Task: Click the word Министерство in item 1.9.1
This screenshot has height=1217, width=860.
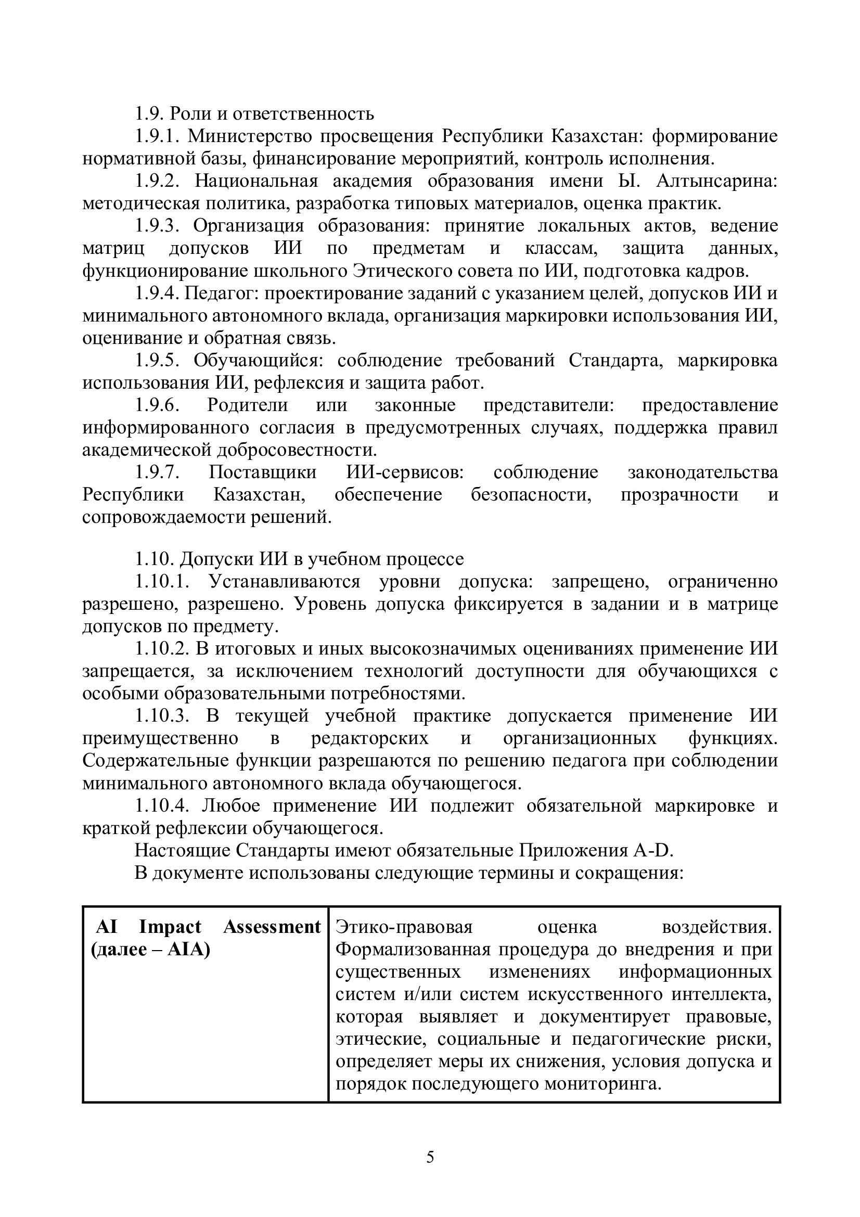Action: click(x=254, y=136)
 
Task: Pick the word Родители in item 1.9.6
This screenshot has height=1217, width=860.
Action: click(x=248, y=405)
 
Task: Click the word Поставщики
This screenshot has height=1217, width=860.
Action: click(x=262, y=472)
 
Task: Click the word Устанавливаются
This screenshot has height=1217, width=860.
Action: click(x=284, y=582)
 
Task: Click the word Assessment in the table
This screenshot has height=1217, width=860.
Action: click(x=272, y=927)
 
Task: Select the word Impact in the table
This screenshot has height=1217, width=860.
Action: click(x=170, y=927)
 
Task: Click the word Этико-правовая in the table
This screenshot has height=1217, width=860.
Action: click(x=404, y=927)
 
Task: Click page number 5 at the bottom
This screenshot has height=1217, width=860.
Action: click(x=430, y=1158)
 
